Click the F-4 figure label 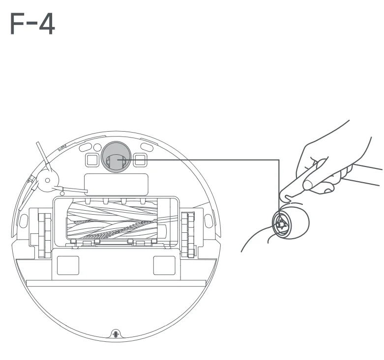click(32, 25)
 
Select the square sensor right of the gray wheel click(140, 159)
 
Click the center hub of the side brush click(47, 180)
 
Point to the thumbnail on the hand click(309, 185)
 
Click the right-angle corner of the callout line click(279, 160)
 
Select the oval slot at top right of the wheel click(147, 146)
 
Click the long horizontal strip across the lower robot click(116, 283)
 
